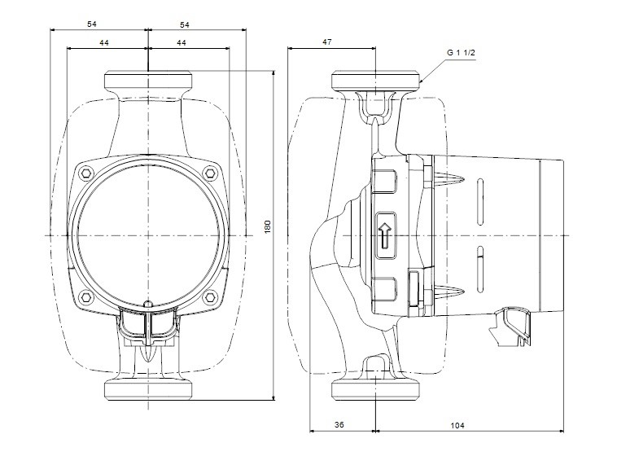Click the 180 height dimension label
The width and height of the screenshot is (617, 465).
click(268, 227)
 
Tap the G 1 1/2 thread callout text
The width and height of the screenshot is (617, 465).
click(462, 53)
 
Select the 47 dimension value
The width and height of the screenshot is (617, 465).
click(327, 42)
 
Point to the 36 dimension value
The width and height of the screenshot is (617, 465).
click(339, 425)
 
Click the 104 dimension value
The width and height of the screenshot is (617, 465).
click(457, 425)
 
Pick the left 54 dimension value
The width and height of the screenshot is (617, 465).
click(92, 24)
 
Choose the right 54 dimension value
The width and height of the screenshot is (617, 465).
click(185, 24)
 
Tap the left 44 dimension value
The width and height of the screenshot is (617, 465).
click(104, 42)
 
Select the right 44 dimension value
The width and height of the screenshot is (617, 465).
click(181, 42)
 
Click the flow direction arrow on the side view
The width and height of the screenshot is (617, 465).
click(385, 236)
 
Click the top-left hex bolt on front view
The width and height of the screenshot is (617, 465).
click(86, 173)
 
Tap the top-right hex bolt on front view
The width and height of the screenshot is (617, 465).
click(211, 173)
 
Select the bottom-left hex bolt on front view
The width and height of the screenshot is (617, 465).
click(86, 297)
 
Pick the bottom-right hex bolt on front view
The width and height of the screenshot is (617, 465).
click(211, 297)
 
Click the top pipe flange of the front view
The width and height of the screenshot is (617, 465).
click(148, 81)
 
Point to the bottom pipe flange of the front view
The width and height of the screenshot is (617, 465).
click(148, 391)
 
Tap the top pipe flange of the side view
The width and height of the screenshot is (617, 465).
click(376, 81)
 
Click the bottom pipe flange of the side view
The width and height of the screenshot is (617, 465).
click(376, 391)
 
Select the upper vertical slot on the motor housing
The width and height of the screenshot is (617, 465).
click(480, 202)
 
